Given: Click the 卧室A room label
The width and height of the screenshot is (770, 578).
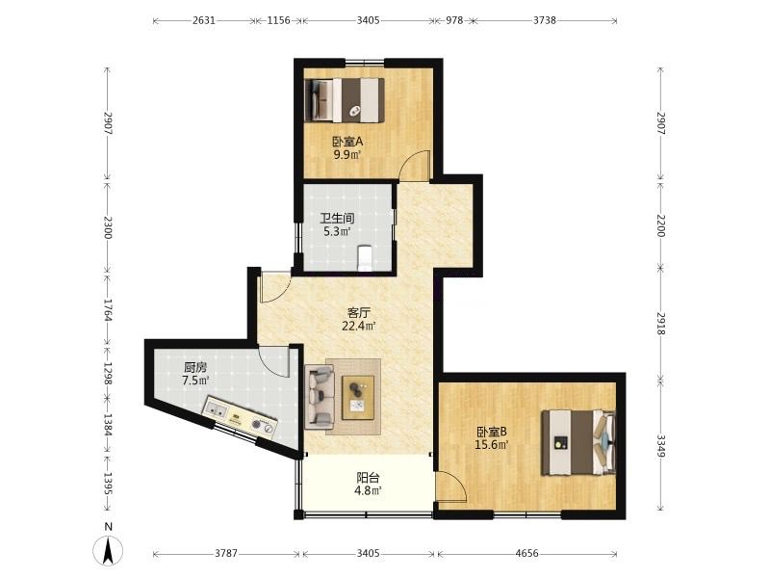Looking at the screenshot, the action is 347,142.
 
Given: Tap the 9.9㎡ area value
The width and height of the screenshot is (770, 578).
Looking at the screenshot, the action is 347,155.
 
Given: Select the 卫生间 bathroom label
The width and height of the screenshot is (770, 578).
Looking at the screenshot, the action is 337,219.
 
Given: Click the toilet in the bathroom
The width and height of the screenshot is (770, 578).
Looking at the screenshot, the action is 364,257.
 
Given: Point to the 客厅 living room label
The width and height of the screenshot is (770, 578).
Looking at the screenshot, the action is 358,312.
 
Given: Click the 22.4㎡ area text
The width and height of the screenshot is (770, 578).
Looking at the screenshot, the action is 358,326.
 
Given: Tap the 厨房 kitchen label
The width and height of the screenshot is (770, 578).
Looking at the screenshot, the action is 195,367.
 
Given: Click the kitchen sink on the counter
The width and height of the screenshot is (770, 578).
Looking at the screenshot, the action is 216,408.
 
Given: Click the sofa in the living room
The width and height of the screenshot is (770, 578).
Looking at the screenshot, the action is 320,396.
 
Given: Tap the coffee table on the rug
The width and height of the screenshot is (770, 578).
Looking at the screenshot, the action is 358,398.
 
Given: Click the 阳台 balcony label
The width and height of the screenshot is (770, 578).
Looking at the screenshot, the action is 368,477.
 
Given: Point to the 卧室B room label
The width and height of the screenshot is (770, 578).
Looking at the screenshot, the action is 492,432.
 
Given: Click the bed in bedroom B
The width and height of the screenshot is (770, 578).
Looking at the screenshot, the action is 578,442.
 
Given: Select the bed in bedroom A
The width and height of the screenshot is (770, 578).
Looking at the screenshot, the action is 345,100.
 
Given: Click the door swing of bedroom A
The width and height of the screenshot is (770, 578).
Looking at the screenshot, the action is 415,166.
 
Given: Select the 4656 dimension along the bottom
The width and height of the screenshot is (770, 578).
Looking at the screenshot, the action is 526,553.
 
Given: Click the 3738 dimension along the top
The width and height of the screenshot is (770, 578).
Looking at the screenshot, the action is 545,20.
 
